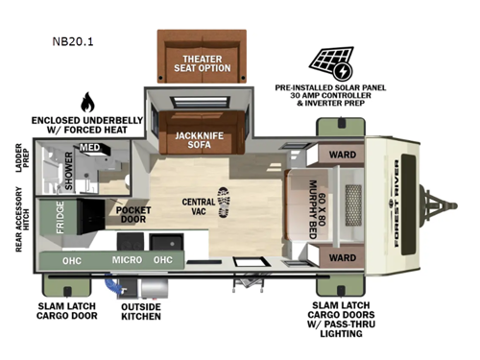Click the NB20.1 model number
pyautogui.click(x=75, y=41)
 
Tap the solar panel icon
pyautogui.click(x=330, y=61)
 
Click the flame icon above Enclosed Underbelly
pyautogui.click(x=88, y=103)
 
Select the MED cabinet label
pyautogui.click(x=89, y=148)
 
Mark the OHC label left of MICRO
pyautogui.click(x=70, y=259)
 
